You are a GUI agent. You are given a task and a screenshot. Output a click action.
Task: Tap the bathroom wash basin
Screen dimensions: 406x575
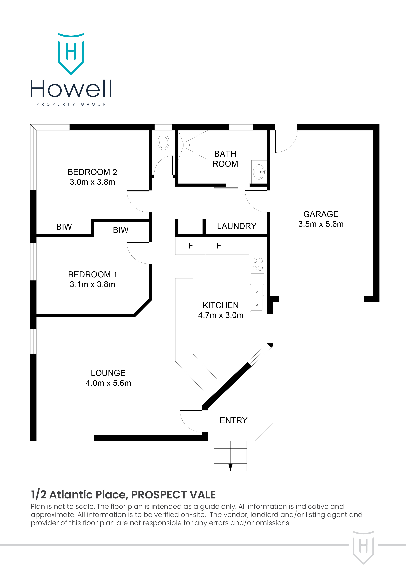[259, 172]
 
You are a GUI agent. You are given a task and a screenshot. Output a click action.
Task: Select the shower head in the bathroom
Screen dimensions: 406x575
[186, 145]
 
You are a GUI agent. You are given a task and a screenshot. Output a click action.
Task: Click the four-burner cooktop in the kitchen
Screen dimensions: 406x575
[257, 264]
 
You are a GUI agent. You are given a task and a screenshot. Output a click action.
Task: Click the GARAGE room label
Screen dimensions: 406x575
[321, 214]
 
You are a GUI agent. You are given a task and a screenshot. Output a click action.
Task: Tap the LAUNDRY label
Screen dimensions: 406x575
[237, 226]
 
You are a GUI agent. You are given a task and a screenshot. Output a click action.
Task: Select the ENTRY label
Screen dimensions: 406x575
[234, 420]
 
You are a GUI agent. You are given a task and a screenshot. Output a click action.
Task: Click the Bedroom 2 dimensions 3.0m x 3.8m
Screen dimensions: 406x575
[92, 182]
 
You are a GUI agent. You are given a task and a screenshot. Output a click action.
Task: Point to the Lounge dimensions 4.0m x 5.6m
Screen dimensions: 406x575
[108, 383]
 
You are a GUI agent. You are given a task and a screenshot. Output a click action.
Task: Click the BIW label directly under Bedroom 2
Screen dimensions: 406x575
[64, 227]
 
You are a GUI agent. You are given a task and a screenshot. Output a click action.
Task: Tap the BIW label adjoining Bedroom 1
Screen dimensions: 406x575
[121, 230]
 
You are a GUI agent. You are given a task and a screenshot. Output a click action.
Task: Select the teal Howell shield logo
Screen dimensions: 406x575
[71, 54]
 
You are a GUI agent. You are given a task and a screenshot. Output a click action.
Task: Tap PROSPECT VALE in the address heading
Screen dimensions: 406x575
[173, 495]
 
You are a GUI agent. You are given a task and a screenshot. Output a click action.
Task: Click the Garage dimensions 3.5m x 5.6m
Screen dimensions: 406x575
[321, 224]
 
